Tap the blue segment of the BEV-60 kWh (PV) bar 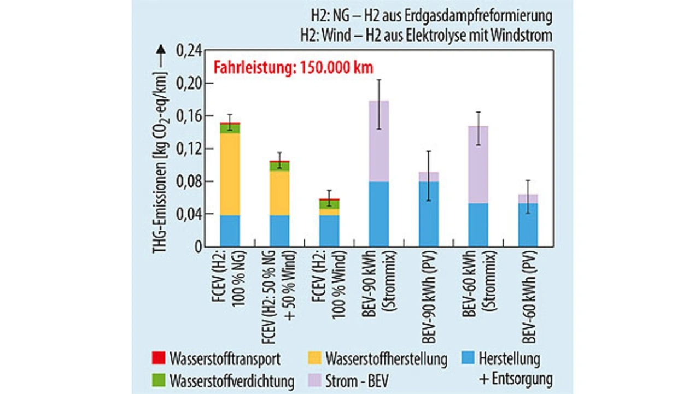tap(528, 225)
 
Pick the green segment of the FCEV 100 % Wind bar tap(329, 204)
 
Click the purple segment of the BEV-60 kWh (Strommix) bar tap(478, 164)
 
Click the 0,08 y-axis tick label tap(188, 181)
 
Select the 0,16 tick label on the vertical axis tap(188, 116)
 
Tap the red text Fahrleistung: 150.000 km tap(293, 68)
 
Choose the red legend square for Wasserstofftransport tap(157, 358)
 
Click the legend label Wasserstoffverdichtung tap(232, 380)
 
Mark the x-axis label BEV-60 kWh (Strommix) tap(478, 296)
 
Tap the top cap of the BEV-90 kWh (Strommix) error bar tap(378, 80)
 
